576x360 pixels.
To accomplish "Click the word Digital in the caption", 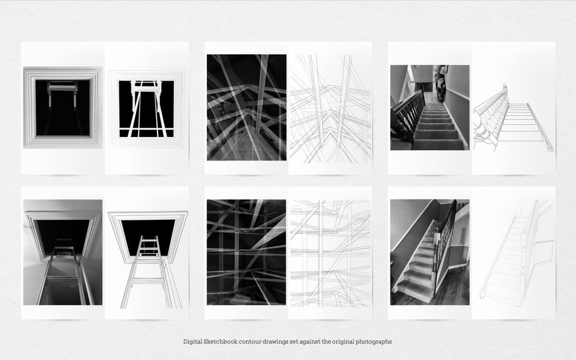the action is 193,342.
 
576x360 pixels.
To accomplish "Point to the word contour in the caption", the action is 250,342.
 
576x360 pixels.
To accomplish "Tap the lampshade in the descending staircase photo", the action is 443,69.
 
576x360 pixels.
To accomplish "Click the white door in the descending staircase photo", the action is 422,74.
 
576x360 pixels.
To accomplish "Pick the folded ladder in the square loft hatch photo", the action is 62,94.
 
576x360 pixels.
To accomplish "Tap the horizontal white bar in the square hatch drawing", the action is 146,130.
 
